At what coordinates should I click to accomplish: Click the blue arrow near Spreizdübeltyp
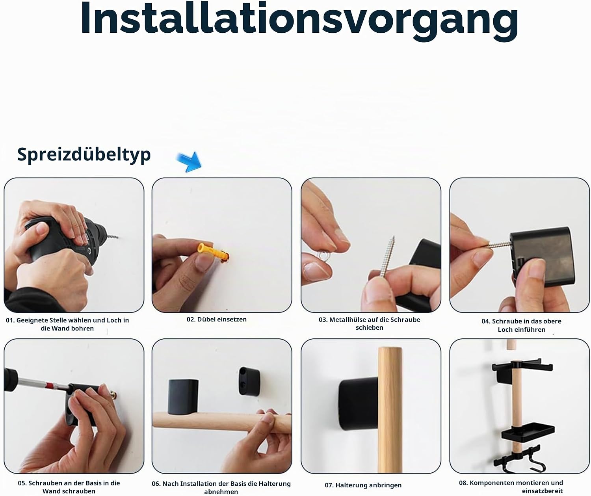pyautogui.click(x=190, y=162)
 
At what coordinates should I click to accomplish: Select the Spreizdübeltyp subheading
pyautogui.click(x=84, y=154)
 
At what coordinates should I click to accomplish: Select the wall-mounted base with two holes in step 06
pyautogui.click(x=249, y=381)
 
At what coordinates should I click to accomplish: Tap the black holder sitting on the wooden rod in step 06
pyautogui.click(x=183, y=397)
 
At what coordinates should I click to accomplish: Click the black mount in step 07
pyautogui.click(x=359, y=404)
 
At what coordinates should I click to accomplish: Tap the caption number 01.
pyautogui.click(x=10, y=320)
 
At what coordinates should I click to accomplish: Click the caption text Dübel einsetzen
pyautogui.click(x=221, y=320)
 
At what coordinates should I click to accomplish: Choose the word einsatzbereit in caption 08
pyautogui.click(x=542, y=491)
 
